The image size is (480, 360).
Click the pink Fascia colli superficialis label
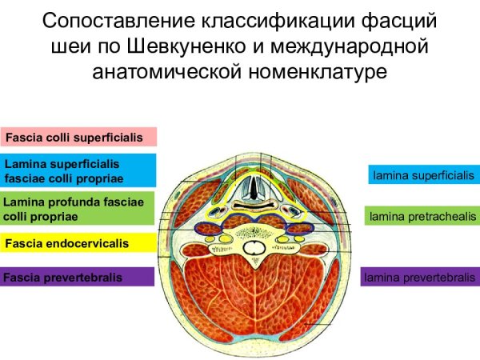tap(78, 138)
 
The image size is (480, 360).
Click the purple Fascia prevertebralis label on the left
tap(78, 278)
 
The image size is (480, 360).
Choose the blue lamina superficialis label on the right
tap(423, 174)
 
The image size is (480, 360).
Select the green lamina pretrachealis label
tap(422, 216)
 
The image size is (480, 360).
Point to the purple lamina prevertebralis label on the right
tap(419, 278)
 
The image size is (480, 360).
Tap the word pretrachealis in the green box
tap(439, 216)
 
